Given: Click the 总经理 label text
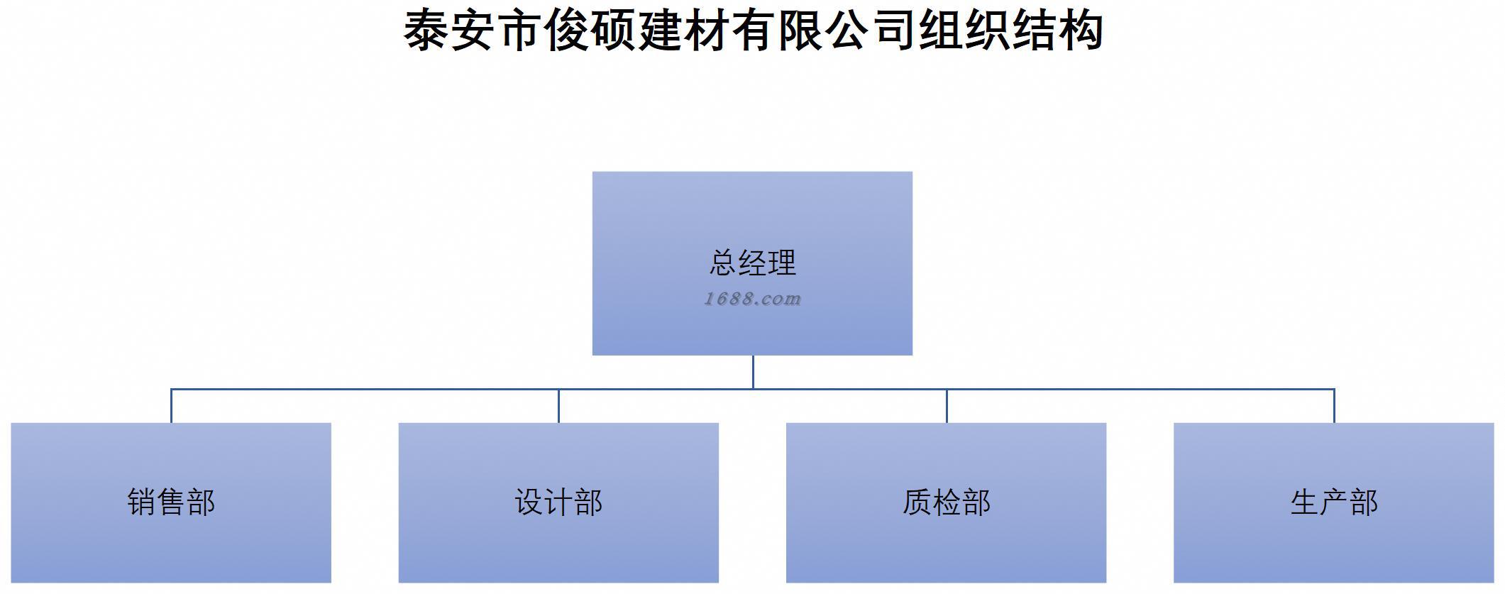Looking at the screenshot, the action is tap(752, 263).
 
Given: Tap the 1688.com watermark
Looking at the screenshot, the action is tap(752, 299).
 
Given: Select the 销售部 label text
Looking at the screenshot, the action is tap(171, 502).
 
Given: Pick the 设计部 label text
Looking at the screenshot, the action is tap(558, 502).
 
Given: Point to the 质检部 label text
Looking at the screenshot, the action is tap(946, 502).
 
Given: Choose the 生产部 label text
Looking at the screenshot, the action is tap(1334, 502).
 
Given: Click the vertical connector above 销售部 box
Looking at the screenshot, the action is tap(171, 406).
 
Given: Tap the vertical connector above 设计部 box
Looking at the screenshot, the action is tap(558, 406).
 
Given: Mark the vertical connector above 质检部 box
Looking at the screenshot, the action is tap(947, 406).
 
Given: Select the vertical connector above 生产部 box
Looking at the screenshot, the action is tap(1334, 406).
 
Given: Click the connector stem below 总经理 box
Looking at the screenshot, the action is tap(753, 372).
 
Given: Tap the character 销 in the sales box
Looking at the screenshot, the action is tap(142, 502).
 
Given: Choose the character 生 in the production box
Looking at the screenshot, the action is tap(1304, 502).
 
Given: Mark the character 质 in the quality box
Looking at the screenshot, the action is tap(917, 502).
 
